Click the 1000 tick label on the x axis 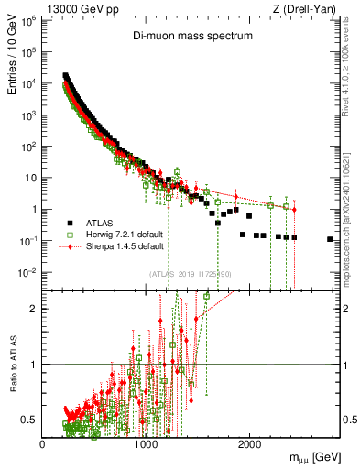147,445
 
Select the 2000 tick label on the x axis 250,445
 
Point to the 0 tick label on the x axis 43,445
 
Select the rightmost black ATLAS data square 330,239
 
